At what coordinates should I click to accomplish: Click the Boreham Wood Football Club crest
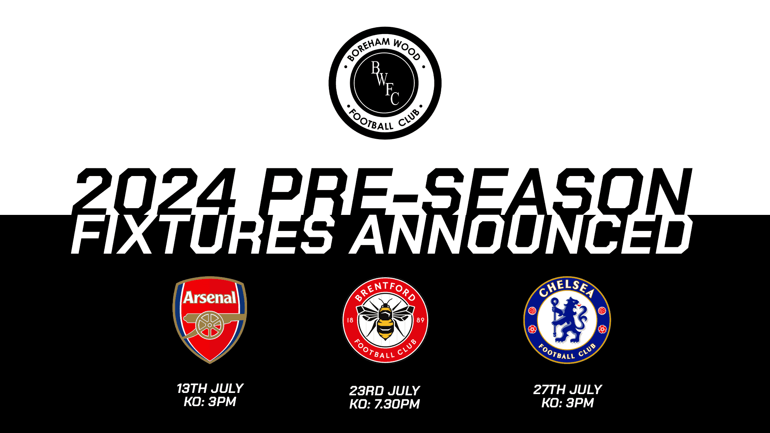click(x=385, y=83)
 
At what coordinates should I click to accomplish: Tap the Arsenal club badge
click(x=210, y=320)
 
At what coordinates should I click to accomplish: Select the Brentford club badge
click(x=385, y=320)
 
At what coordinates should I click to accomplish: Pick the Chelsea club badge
click(x=567, y=320)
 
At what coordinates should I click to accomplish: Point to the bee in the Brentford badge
click(x=385, y=319)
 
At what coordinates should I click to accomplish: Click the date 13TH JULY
click(x=210, y=388)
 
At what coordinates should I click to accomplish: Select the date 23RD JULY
click(x=385, y=391)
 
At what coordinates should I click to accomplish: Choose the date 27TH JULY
click(x=567, y=389)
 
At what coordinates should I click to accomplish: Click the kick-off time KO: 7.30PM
click(x=385, y=404)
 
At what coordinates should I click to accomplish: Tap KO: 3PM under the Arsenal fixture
click(x=210, y=402)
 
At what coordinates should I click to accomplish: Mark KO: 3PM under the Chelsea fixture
click(x=567, y=403)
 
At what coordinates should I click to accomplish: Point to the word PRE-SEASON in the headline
click(x=476, y=191)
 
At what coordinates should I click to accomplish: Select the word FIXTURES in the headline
click(x=203, y=235)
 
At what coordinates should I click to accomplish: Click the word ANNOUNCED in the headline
click(x=521, y=235)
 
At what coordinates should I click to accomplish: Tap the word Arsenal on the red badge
click(x=210, y=297)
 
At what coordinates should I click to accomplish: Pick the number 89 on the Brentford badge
click(x=420, y=320)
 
